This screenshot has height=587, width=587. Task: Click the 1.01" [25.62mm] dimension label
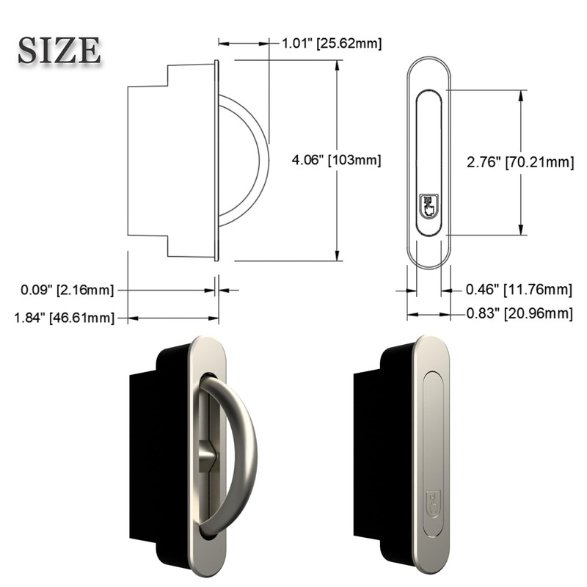(x=330, y=44)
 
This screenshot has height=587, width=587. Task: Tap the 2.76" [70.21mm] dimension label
(x=519, y=162)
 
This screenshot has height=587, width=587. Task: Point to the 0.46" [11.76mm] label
(x=519, y=291)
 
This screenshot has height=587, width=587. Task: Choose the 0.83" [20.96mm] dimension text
(x=519, y=314)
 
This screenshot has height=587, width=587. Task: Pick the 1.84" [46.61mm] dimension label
(x=64, y=318)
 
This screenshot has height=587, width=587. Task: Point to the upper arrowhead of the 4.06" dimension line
(x=338, y=66)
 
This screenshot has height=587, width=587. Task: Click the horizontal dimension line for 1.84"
(x=173, y=318)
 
